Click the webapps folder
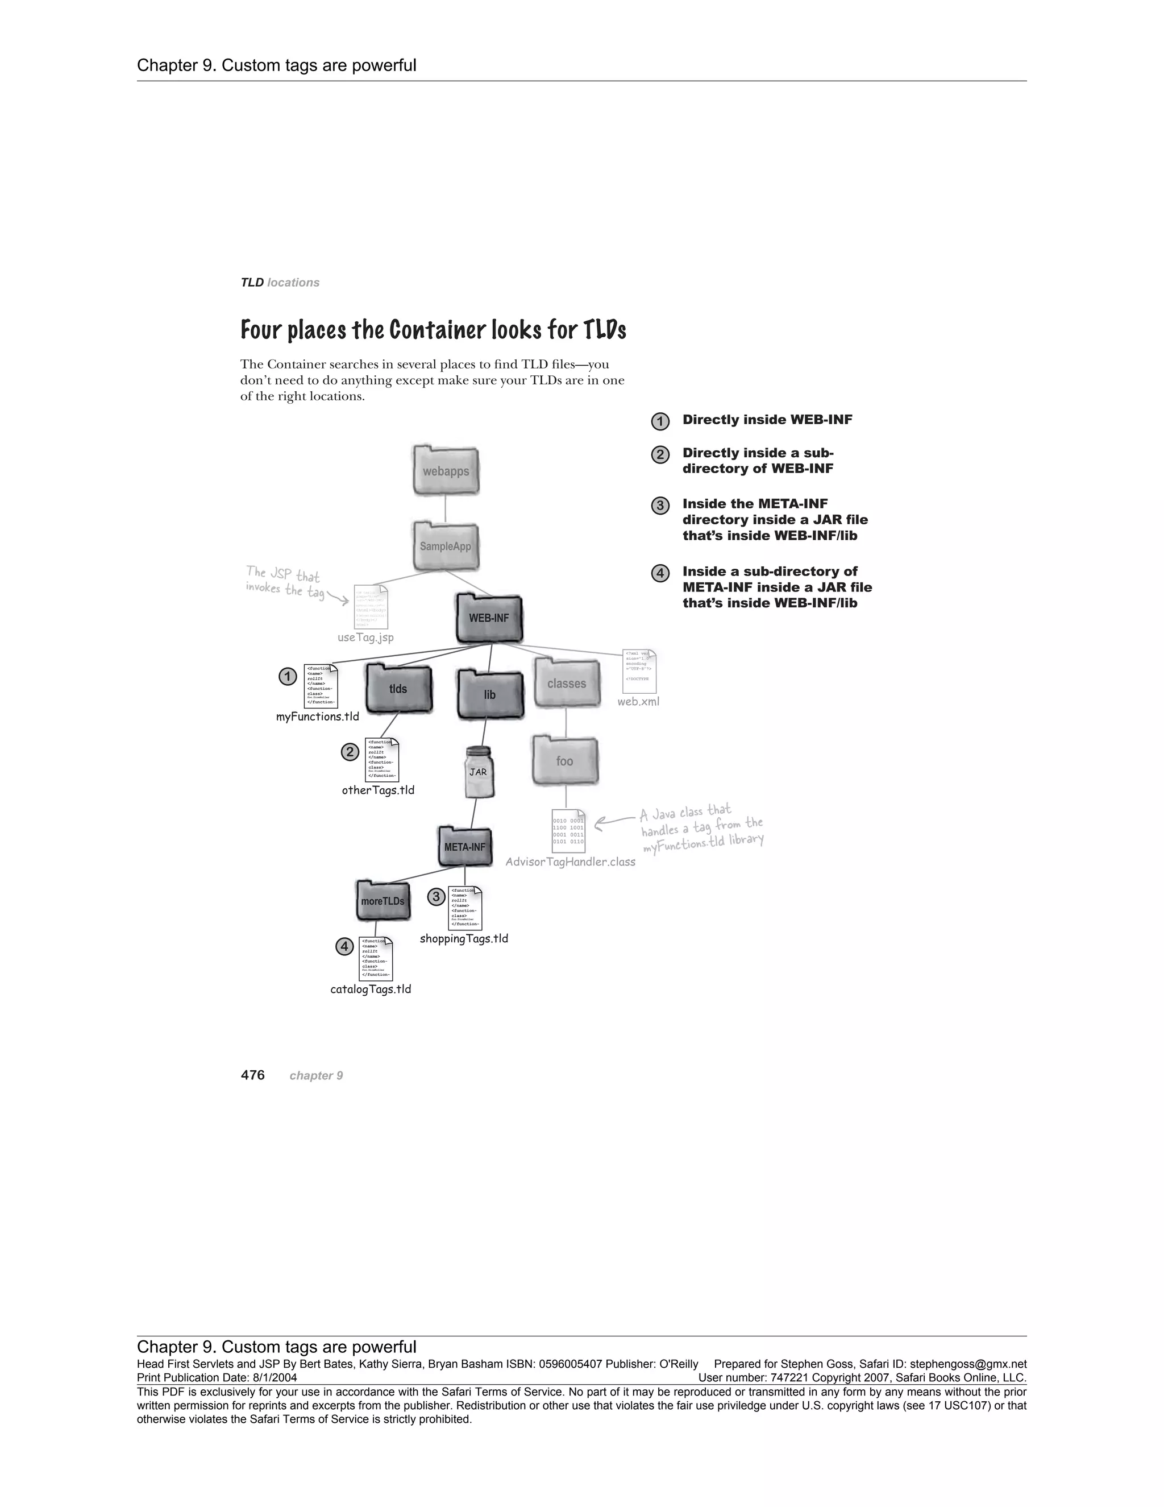pyautogui.click(x=446, y=471)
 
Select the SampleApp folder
pyautogui.click(x=446, y=547)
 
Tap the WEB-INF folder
pyautogui.click(x=489, y=618)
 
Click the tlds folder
pyautogui.click(x=398, y=689)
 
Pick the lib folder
pyautogui.click(x=489, y=694)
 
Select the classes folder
pyautogui.click(x=566, y=683)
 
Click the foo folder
pyautogui.click(x=565, y=761)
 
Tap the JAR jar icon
pyautogui.click(x=479, y=773)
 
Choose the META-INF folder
pyautogui.click(x=465, y=847)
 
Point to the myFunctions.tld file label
pyautogui.click(x=317, y=717)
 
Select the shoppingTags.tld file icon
pyautogui.click(x=465, y=908)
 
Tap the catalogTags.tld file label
pyautogui.click(x=371, y=990)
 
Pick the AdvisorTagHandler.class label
pyautogui.click(x=570, y=862)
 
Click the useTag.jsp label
pyautogui.click(x=365, y=637)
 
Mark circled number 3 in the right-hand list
pyautogui.click(x=660, y=506)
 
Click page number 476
pyautogui.click(x=252, y=1075)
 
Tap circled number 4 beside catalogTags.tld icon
pyautogui.click(x=344, y=947)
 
